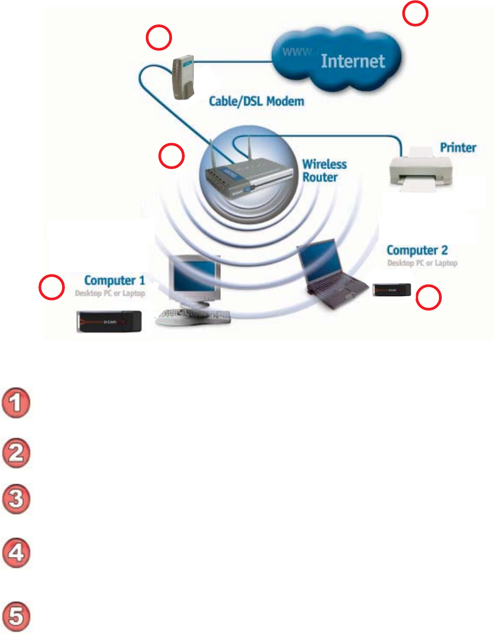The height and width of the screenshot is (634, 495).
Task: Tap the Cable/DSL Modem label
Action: coord(256,102)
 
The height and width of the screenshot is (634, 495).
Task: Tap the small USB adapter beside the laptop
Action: coord(392,289)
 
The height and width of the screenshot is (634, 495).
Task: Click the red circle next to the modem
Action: coord(158,39)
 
